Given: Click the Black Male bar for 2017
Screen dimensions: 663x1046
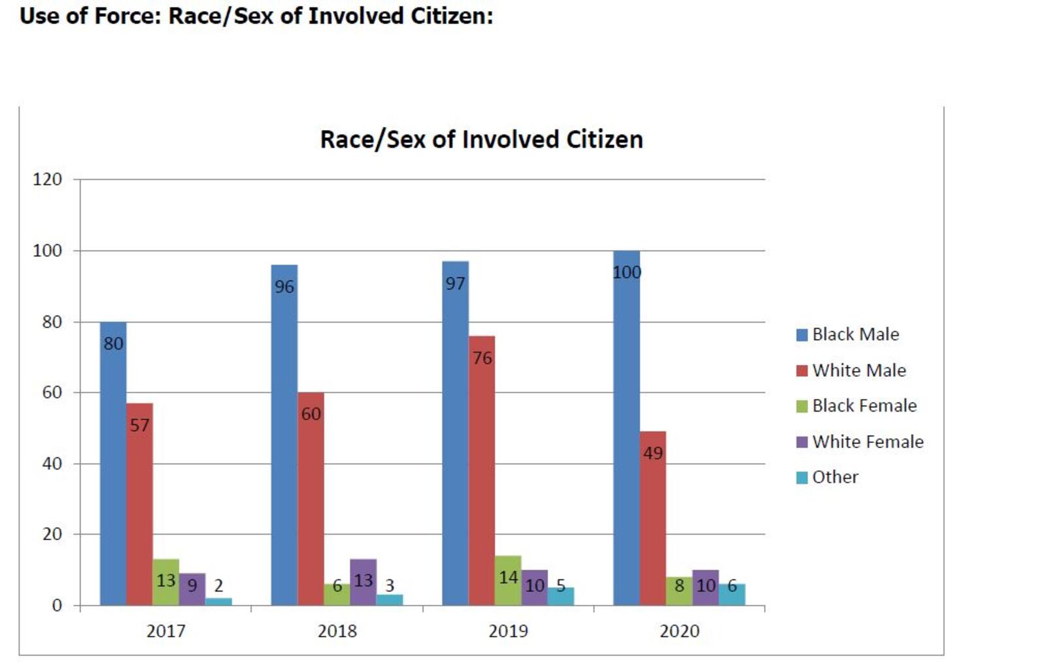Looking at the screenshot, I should click(x=113, y=464).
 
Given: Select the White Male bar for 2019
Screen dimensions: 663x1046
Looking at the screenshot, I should click(x=482, y=470).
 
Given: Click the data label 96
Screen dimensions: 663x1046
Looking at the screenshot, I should click(x=284, y=287).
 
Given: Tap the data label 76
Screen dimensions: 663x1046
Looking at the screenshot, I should click(x=482, y=358).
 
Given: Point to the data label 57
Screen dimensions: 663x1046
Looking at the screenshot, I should click(x=139, y=425).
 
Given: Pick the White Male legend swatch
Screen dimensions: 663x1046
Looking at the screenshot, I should click(x=802, y=371).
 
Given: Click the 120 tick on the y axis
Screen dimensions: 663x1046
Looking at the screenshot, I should click(x=48, y=179).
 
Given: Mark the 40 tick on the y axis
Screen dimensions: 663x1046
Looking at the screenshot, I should click(x=52, y=464).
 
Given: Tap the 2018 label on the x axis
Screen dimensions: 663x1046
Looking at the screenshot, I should click(x=337, y=631).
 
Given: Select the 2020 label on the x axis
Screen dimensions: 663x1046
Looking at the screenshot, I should click(x=679, y=631).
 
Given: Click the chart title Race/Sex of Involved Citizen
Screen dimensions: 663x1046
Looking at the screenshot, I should click(x=481, y=139).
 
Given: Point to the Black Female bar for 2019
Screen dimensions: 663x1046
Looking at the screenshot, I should click(x=508, y=581).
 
